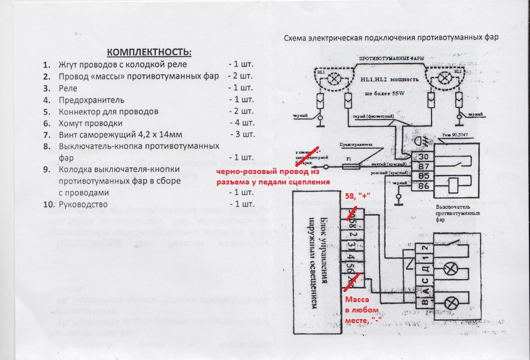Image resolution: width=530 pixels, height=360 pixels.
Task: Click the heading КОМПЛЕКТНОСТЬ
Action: click(x=149, y=52)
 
